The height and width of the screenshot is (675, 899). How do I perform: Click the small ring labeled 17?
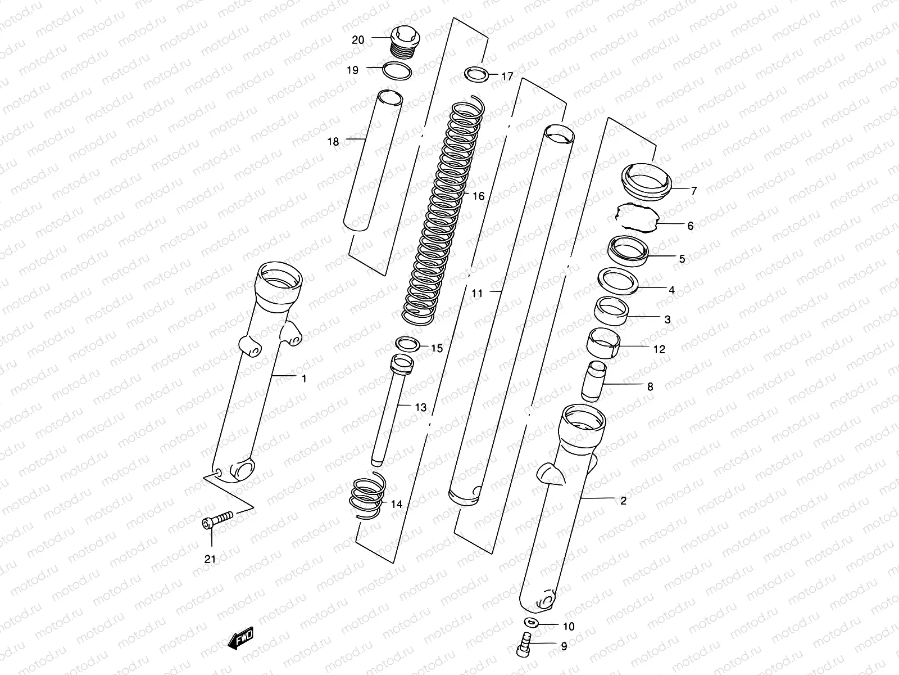click(x=476, y=74)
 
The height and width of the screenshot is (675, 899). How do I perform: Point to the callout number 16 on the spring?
click(x=478, y=196)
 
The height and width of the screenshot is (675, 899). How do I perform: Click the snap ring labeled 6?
click(x=637, y=217)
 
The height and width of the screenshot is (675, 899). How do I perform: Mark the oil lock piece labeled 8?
click(x=593, y=381)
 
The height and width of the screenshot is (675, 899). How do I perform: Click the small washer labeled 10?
click(x=531, y=622)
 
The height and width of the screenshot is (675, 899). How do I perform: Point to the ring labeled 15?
click(x=407, y=344)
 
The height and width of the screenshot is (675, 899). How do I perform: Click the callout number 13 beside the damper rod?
click(x=421, y=407)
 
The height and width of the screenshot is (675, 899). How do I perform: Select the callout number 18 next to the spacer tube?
click(x=333, y=142)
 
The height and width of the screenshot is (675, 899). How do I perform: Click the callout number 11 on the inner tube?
click(x=477, y=293)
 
